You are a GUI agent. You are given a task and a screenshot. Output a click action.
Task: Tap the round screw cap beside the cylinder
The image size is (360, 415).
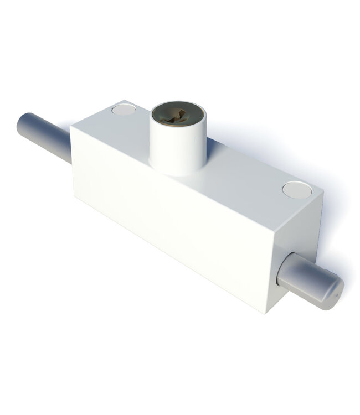(124, 110)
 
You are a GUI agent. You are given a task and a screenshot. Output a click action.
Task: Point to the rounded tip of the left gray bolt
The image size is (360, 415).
(23, 123)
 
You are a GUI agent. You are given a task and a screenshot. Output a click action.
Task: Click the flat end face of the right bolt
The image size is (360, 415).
(333, 290)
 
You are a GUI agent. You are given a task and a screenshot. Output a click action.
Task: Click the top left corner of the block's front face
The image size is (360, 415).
(71, 128)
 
